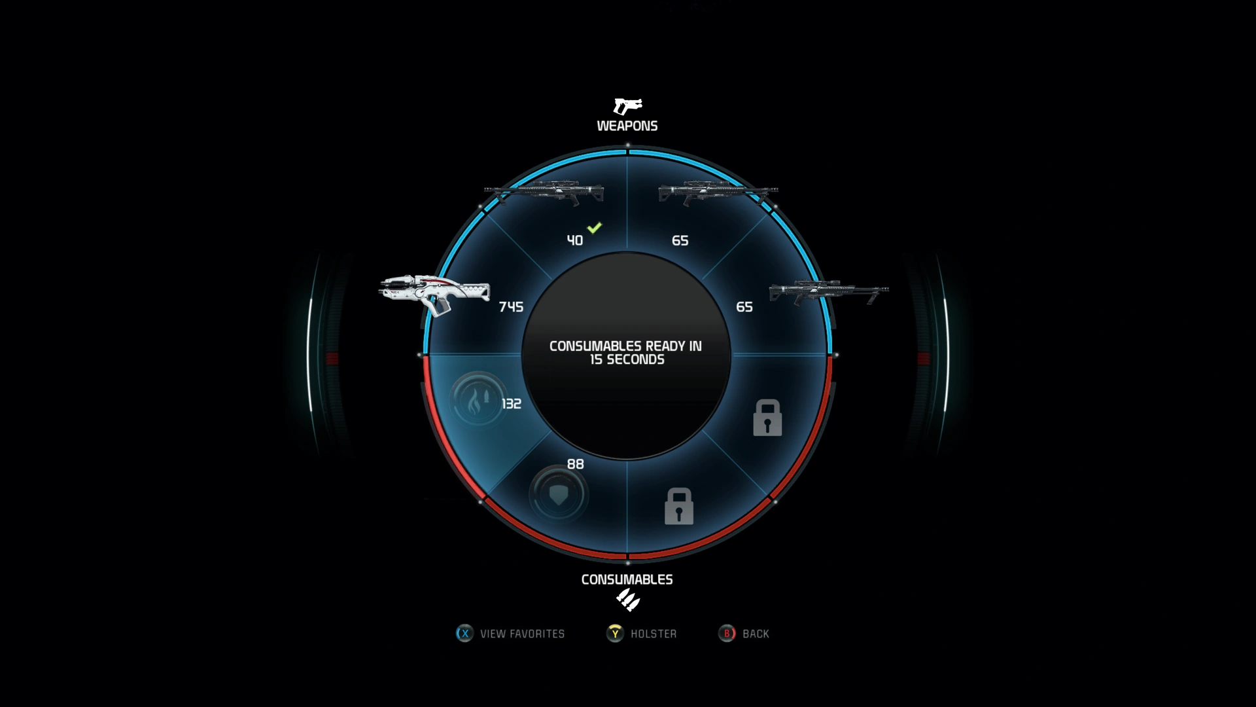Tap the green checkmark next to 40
pos(594,228)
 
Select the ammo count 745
pos(511,307)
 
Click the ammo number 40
pos(575,241)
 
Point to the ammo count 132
pos(512,404)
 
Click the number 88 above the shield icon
pos(576,464)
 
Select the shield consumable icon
pos(558,494)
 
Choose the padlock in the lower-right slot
pos(767,418)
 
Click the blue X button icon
pos(464,634)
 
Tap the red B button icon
pos(727,634)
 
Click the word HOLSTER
pos(654,634)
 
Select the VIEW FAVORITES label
pos(522,634)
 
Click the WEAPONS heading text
pos(627,126)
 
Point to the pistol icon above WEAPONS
pos(627,106)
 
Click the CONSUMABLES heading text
pos(627,579)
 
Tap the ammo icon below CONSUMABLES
pos(627,600)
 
